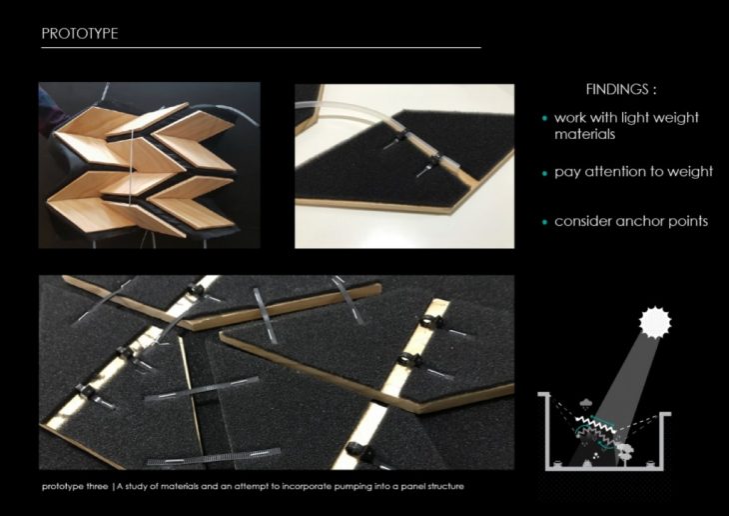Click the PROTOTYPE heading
point(80,34)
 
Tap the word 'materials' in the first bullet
point(584,135)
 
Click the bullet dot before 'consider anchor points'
point(545,222)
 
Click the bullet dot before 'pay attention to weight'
point(545,174)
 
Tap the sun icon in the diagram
point(655,322)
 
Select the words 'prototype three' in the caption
point(75,487)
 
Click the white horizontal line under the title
point(261,48)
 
